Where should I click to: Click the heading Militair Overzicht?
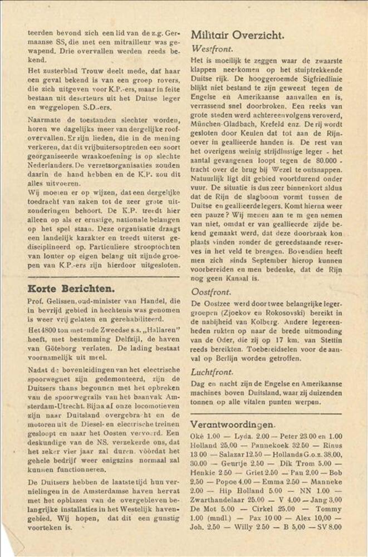coord(237,35)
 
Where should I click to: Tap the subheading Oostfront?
coord(212,291)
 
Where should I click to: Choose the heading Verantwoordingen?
coord(232,424)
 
